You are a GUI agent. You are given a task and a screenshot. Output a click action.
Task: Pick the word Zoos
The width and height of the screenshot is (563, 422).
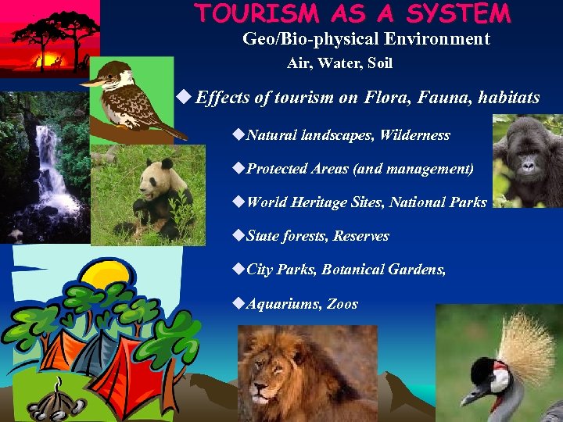tap(342, 304)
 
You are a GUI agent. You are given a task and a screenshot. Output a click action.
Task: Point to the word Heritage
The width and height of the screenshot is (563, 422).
tap(319, 202)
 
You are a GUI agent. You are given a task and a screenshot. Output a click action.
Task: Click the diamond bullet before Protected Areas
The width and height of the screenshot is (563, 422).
tap(239, 169)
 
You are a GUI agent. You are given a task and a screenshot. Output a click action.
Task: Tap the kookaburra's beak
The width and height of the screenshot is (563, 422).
tap(91, 80)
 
